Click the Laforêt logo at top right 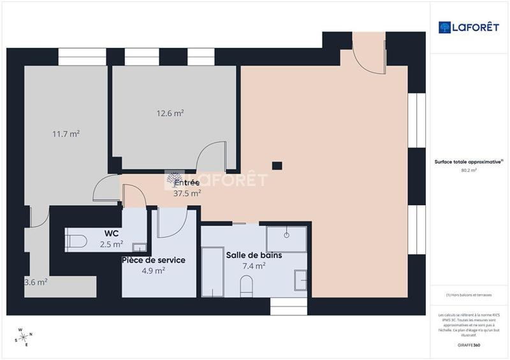click(469, 27)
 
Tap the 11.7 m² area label click(66, 134)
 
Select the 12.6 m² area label click(170, 113)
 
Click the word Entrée click(187, 183)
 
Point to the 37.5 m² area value click(187, 194)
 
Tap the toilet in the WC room click(75, 241)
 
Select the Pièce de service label click(154, 260)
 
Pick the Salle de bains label click(254, 255)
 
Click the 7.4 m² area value click(254, 266)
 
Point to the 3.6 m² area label click(36, 281)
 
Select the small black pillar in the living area click(277, 166)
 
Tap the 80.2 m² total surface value click(469, 170)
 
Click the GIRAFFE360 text click(469, 345)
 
